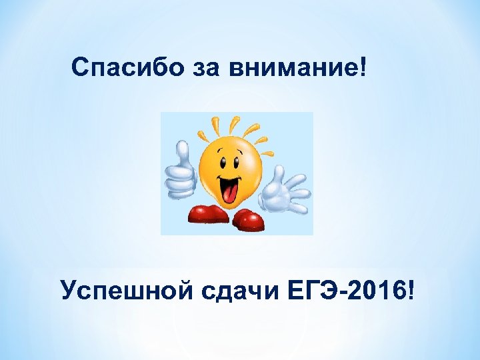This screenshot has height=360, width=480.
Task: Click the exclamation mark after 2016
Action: pos(416,290)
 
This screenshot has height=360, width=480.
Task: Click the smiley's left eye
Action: pos(221,157)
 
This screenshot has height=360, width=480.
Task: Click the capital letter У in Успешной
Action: pos(69,291)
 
